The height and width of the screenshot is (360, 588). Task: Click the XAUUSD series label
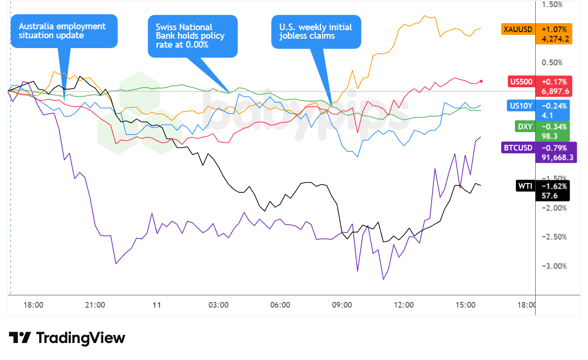[517, 29]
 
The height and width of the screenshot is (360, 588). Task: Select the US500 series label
[521, 82]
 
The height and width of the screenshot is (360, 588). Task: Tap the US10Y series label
[521, 106]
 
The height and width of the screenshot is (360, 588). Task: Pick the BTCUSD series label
[518, 148]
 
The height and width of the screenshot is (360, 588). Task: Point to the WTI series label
[525, 186]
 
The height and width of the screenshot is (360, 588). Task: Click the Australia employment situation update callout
[64, 31]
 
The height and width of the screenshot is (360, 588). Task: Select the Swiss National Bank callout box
[192, 36]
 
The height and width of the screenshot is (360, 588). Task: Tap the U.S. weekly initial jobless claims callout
[315, 31]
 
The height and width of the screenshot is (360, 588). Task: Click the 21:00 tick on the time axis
[95, 305]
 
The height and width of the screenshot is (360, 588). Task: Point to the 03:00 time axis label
[218, 305]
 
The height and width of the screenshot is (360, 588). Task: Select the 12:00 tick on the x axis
[404, 305]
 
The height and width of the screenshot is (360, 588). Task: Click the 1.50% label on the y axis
[553, 5]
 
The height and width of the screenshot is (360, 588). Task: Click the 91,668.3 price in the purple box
[555, 158]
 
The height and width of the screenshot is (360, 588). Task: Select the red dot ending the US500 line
[481, 81]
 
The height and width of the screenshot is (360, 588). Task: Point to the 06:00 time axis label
[280, 305]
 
